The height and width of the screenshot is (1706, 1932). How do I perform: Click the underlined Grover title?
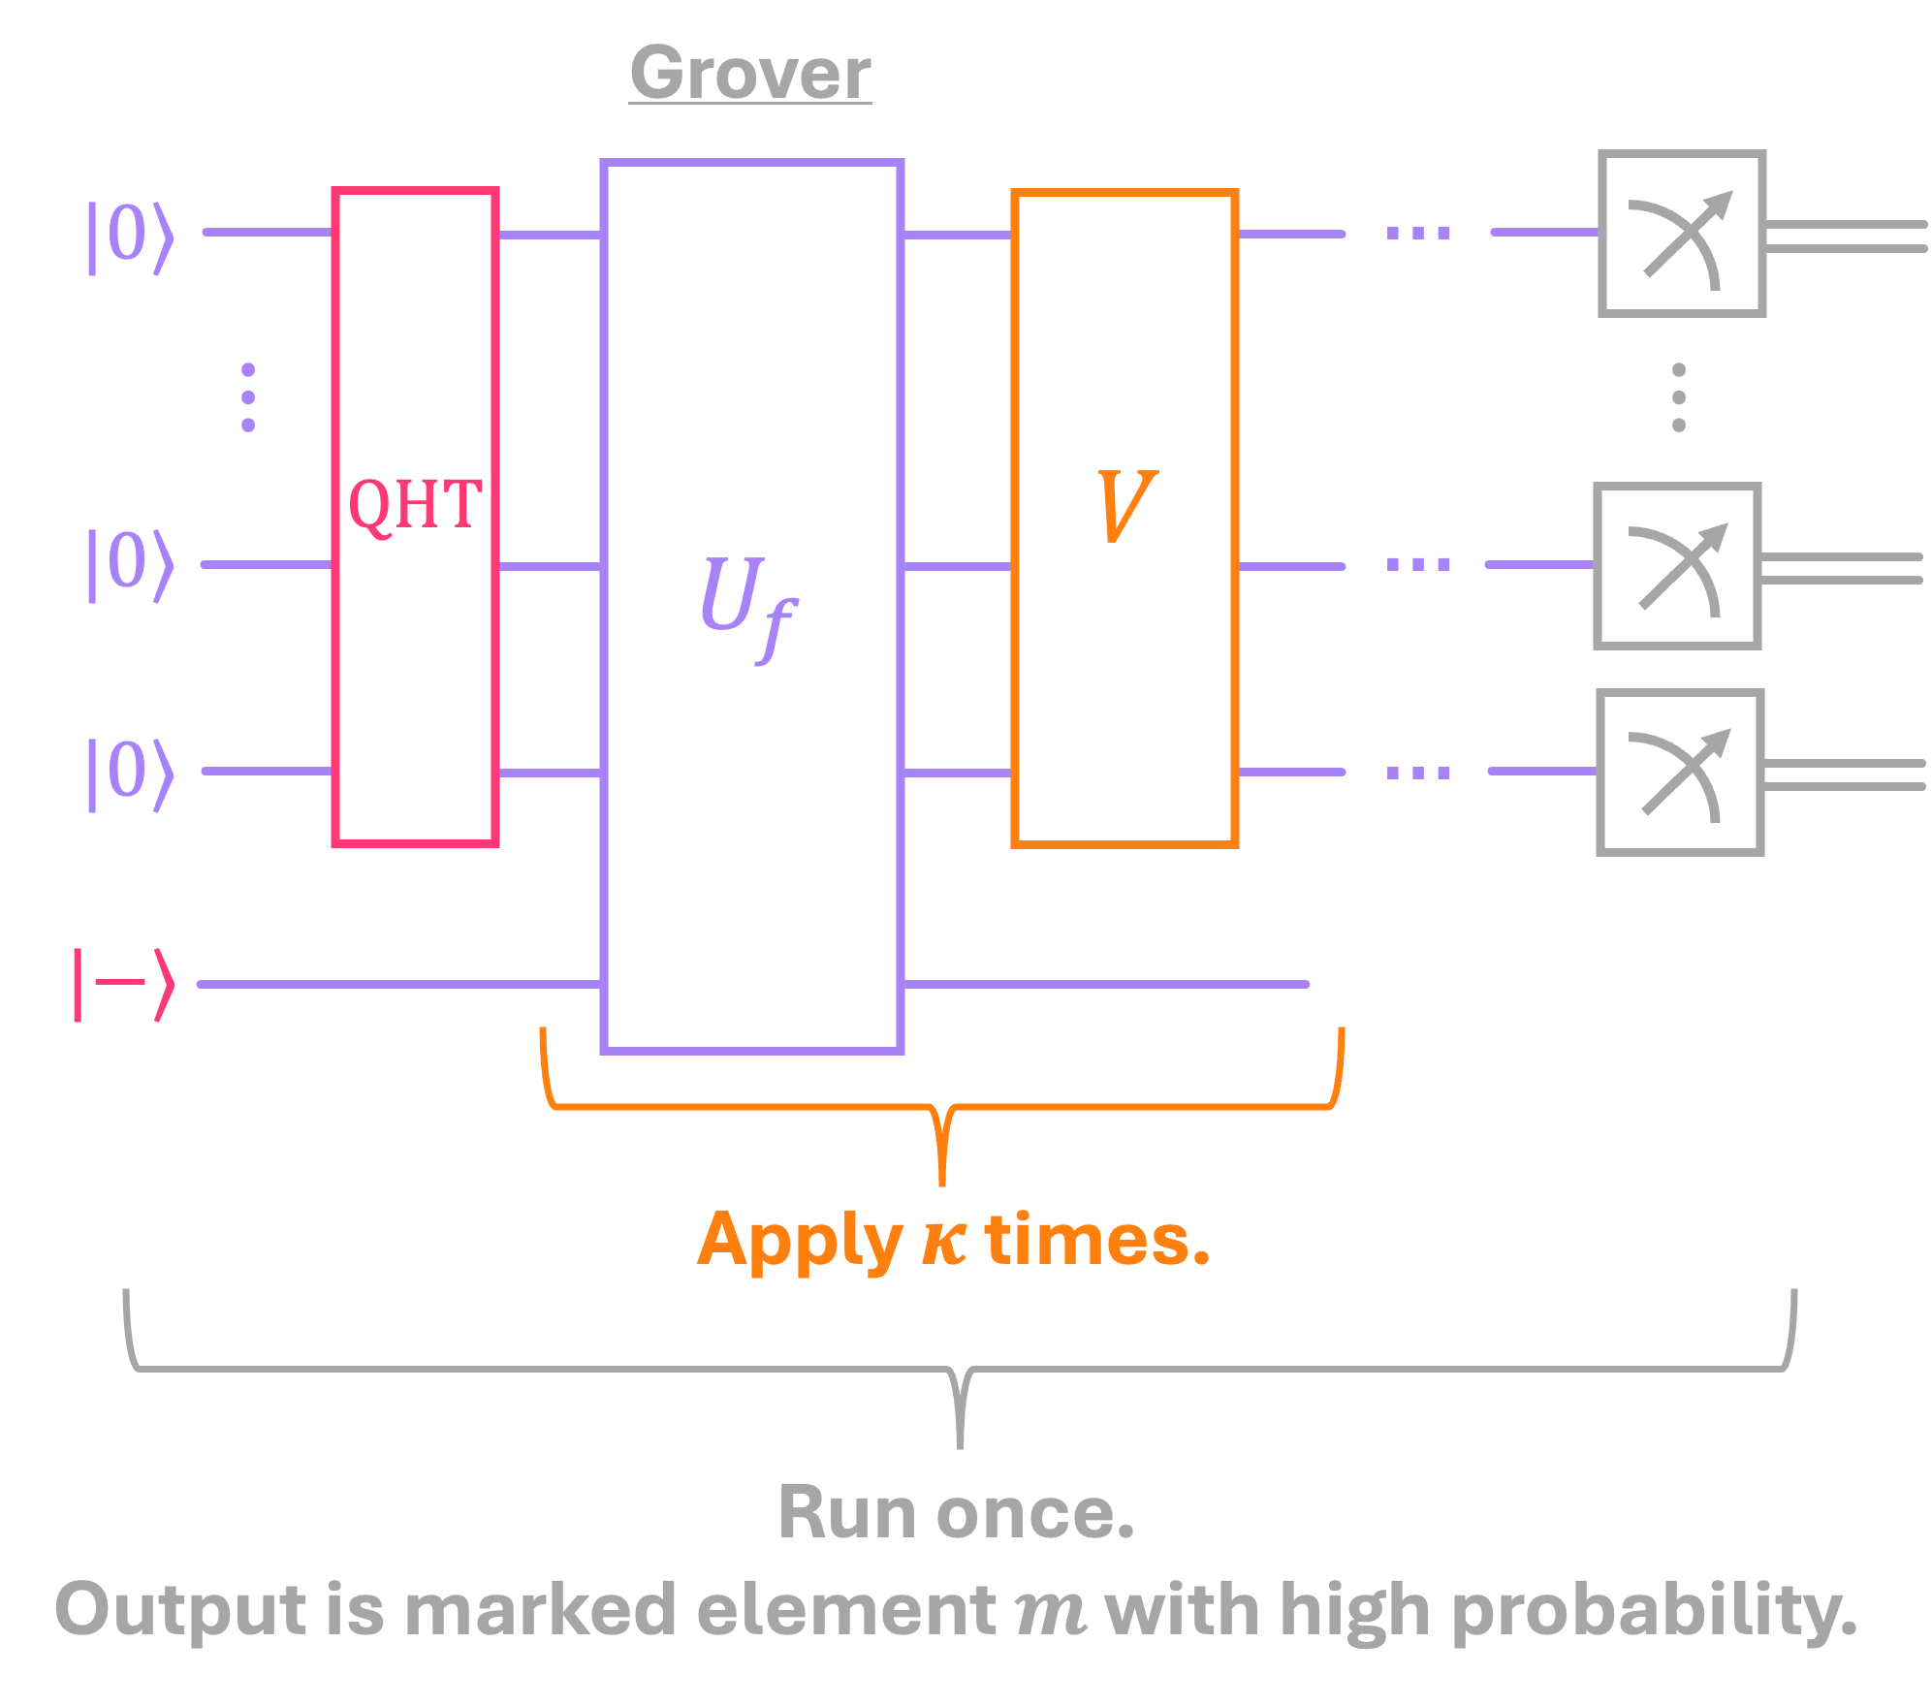(750, 73)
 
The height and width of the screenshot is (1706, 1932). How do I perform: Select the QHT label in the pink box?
(415, 505)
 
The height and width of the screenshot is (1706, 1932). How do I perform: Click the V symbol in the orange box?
(1125, 505)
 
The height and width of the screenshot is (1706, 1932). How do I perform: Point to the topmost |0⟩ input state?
(131, 236)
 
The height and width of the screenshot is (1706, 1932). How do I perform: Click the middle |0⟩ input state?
(131, 563)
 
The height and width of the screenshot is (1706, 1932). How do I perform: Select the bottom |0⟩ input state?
(131, 773)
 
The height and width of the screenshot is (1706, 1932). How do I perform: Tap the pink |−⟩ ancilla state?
(125, 984)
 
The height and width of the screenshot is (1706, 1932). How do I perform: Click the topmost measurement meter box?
(1682, 234)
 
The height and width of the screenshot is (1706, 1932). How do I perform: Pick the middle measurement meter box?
(1678, 566)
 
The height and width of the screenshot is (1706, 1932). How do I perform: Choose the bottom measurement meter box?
(1680, 773)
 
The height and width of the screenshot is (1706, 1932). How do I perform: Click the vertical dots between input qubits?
(248, 397)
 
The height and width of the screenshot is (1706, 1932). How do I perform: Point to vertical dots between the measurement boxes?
(1679, 397)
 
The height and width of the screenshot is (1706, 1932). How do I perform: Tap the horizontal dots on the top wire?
(1418, 233)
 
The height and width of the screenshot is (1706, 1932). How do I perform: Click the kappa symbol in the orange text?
(943, 1241)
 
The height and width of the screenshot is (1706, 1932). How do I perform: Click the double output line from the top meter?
(1847, 237)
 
